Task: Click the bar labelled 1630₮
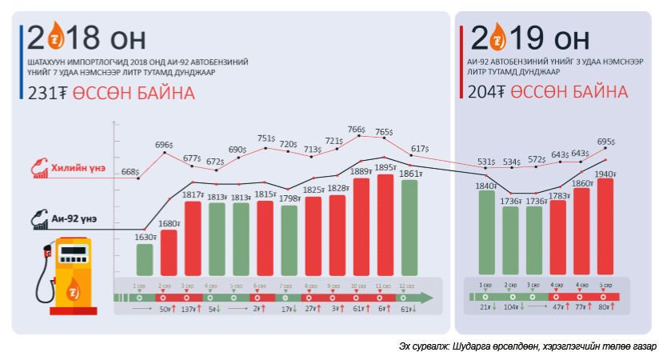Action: coord(144,259)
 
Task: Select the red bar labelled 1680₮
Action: coord(168,252)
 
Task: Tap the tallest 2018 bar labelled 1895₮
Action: coord(385,224)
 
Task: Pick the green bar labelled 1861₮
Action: coord(409,226)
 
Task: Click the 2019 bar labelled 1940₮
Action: coord(605,226)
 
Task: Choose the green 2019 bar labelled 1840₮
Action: coord(485,233)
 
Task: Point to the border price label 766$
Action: coord(356,130)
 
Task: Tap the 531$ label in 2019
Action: coord(485,162)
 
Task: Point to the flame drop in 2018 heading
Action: coord(56,36)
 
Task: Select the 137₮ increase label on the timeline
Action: coord(190,308)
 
